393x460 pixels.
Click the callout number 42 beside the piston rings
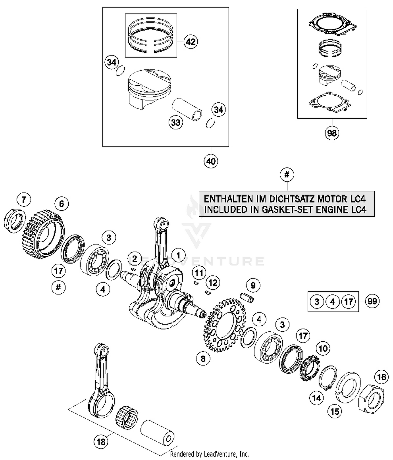[x=190, y=42]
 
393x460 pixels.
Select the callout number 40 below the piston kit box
[x=211, y=161]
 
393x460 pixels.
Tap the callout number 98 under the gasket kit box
[x=332, y=133]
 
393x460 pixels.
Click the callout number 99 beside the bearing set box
[x=372, y=301]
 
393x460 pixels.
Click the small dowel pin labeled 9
[x=247, y=298]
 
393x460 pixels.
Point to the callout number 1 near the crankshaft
[x=178, y=255]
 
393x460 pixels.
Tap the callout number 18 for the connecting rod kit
[x=101, y=442]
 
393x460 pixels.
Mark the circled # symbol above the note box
[x=287, y=175]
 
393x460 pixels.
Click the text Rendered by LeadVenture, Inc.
[x=209, y=454]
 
